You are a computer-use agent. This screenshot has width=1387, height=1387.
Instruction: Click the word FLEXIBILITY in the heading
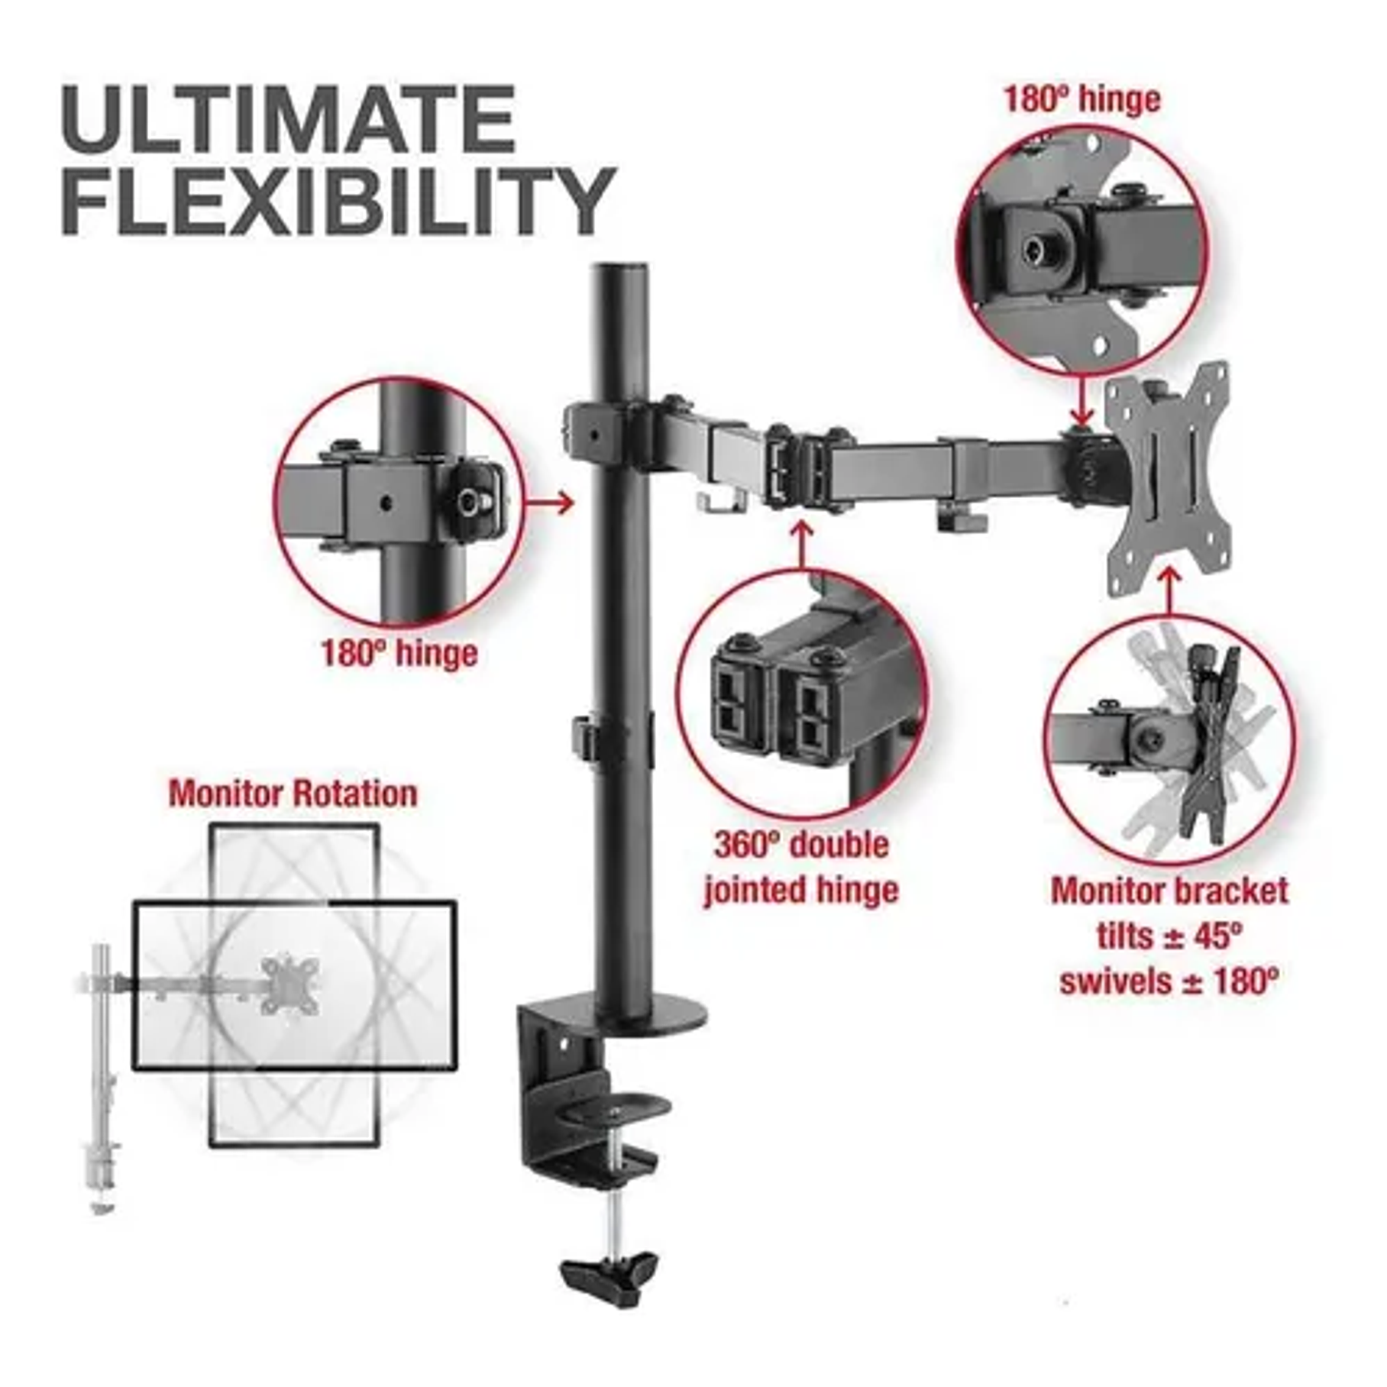[338, 200]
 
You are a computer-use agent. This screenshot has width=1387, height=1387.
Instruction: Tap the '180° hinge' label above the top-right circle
[1081, 100]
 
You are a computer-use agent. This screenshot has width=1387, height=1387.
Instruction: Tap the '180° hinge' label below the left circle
[399, 655]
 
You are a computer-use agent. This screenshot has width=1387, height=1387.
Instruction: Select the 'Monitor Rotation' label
[293, 794]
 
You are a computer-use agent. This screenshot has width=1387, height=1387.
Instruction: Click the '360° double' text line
[802, 845]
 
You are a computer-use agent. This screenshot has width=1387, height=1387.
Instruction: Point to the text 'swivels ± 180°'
[1169, 981]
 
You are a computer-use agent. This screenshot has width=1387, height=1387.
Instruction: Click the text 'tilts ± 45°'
[1169, 936]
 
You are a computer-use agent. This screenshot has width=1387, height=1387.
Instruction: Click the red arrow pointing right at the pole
[551, 503]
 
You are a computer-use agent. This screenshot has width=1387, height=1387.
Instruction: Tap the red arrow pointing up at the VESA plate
[1169, 590]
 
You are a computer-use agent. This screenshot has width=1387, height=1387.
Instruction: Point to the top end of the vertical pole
[620, 267]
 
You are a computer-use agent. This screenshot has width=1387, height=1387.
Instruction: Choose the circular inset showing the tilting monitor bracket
[1169, 740]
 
